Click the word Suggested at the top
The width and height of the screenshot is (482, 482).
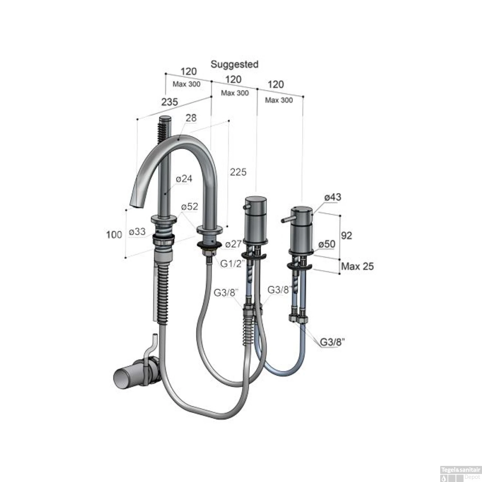coord(234,64)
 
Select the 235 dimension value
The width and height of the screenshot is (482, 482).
coord(169,102)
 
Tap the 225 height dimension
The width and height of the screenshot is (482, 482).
coord(238,172)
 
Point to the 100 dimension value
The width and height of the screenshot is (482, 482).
coord(114,235)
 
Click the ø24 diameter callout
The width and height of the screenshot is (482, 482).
coord(184,179)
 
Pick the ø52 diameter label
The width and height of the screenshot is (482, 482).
coord(190,207)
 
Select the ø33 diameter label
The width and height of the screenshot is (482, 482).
coord(137,231)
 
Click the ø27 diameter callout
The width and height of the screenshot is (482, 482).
coord(233,244)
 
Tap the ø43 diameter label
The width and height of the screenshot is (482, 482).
coord(333,197)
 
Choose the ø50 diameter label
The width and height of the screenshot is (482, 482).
coord(327,244)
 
